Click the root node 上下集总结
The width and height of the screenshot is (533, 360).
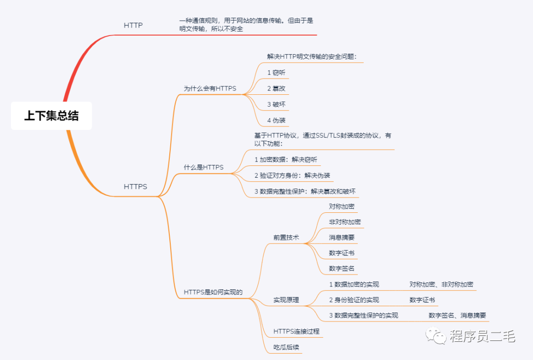[51, 116]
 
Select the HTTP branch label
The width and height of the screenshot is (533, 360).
[133, 25]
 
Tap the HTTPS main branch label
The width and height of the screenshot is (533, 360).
[135, 187]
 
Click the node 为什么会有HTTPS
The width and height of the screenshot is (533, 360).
[210, 88]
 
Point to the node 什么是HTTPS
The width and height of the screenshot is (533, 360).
[203, 167]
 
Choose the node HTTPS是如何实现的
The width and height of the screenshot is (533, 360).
[213, 292]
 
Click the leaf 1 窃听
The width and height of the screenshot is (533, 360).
[276, 73]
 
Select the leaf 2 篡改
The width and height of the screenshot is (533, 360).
[276, 88]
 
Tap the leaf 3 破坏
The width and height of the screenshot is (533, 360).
[276, 104]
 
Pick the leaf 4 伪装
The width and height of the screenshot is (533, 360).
[276, 120]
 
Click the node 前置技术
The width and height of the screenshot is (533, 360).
[286, 238]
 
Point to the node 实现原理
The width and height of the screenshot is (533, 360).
[286, 300]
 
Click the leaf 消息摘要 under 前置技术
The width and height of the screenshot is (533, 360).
[342, 238]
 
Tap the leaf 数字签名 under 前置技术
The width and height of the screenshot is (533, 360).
[342, 269]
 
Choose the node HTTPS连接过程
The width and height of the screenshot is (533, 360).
[297, 331]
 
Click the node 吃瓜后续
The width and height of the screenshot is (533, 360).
[286, 347]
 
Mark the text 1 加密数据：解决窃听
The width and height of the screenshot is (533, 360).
[286, 160]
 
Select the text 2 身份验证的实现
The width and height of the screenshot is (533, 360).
[354, 300]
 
